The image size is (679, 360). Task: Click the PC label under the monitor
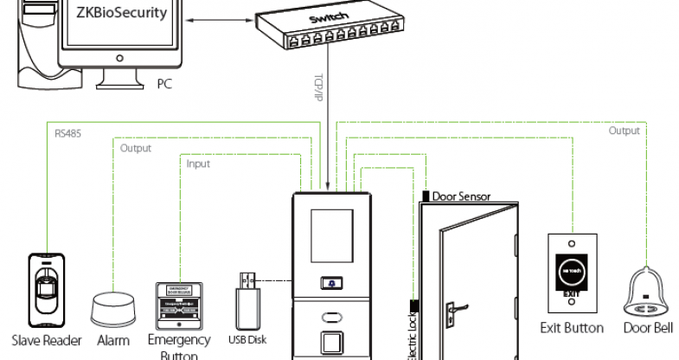(164, 85)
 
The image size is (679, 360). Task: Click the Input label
(198, 163)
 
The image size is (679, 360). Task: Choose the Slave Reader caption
(47, 340)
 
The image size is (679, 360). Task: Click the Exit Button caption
(572, 328)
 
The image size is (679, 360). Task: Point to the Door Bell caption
(647, 328)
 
